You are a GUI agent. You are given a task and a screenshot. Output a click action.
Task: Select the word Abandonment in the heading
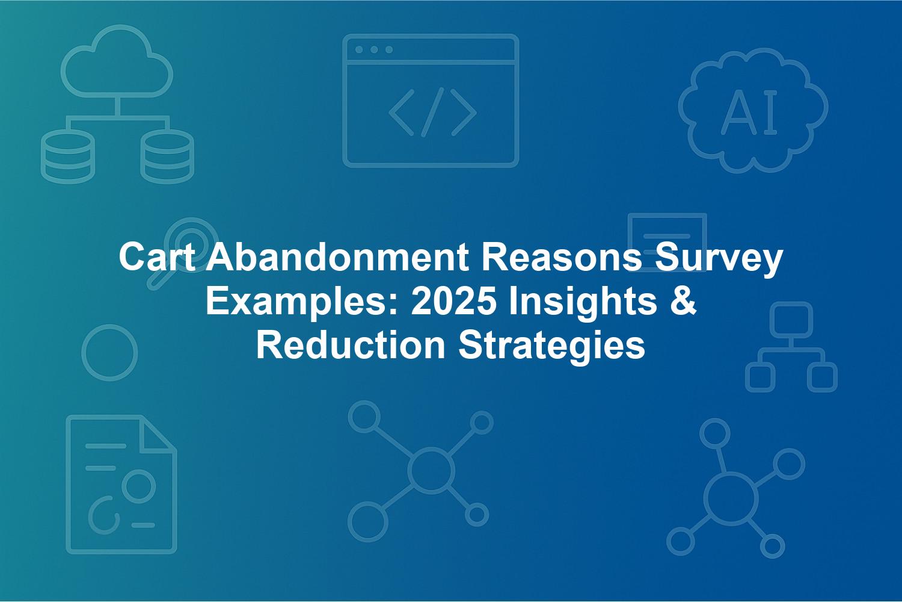click(338, 258)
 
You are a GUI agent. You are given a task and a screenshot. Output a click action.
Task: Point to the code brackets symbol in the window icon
click(433, 112)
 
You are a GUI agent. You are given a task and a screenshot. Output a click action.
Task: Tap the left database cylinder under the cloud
click(68, 157)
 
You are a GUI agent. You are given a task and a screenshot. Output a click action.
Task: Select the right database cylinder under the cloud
click(167, 157)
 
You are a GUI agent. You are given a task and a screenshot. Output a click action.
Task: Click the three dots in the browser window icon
click(374, 49)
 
